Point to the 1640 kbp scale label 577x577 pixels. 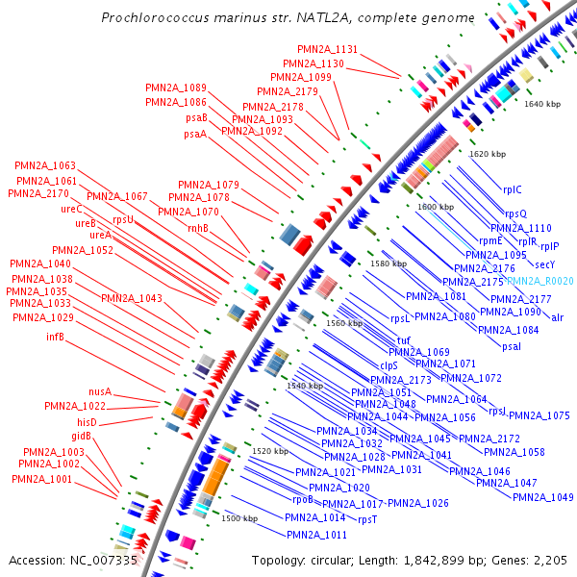pos(541,103)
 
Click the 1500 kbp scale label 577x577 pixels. pos(240,518)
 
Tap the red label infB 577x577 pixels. pos(55,337)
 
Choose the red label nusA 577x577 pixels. pos(100,392)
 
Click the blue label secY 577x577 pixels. pos(545,264)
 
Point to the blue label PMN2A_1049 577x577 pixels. pos(542,497)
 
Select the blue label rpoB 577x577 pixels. pos(303,499)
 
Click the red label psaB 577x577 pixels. pos(197,117)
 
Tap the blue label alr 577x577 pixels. pos(557,316)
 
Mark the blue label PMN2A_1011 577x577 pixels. pos(316,534)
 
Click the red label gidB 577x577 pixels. pos(81,436)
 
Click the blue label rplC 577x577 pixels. pos(513,189)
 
